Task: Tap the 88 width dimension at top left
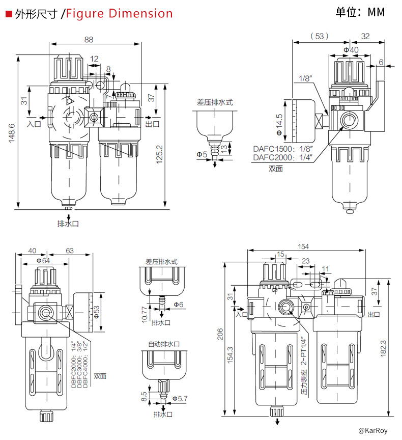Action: coord(89,40)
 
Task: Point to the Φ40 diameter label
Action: coord(351,49)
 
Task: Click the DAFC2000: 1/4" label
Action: coord(282,157)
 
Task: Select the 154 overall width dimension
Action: coord(303,246)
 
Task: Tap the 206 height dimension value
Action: coord(220,334)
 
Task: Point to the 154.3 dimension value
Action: coord(230,356)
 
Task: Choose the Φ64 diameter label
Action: coord(43,260)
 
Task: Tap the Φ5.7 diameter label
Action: coord(180,398)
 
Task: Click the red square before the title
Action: coord(8,14)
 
